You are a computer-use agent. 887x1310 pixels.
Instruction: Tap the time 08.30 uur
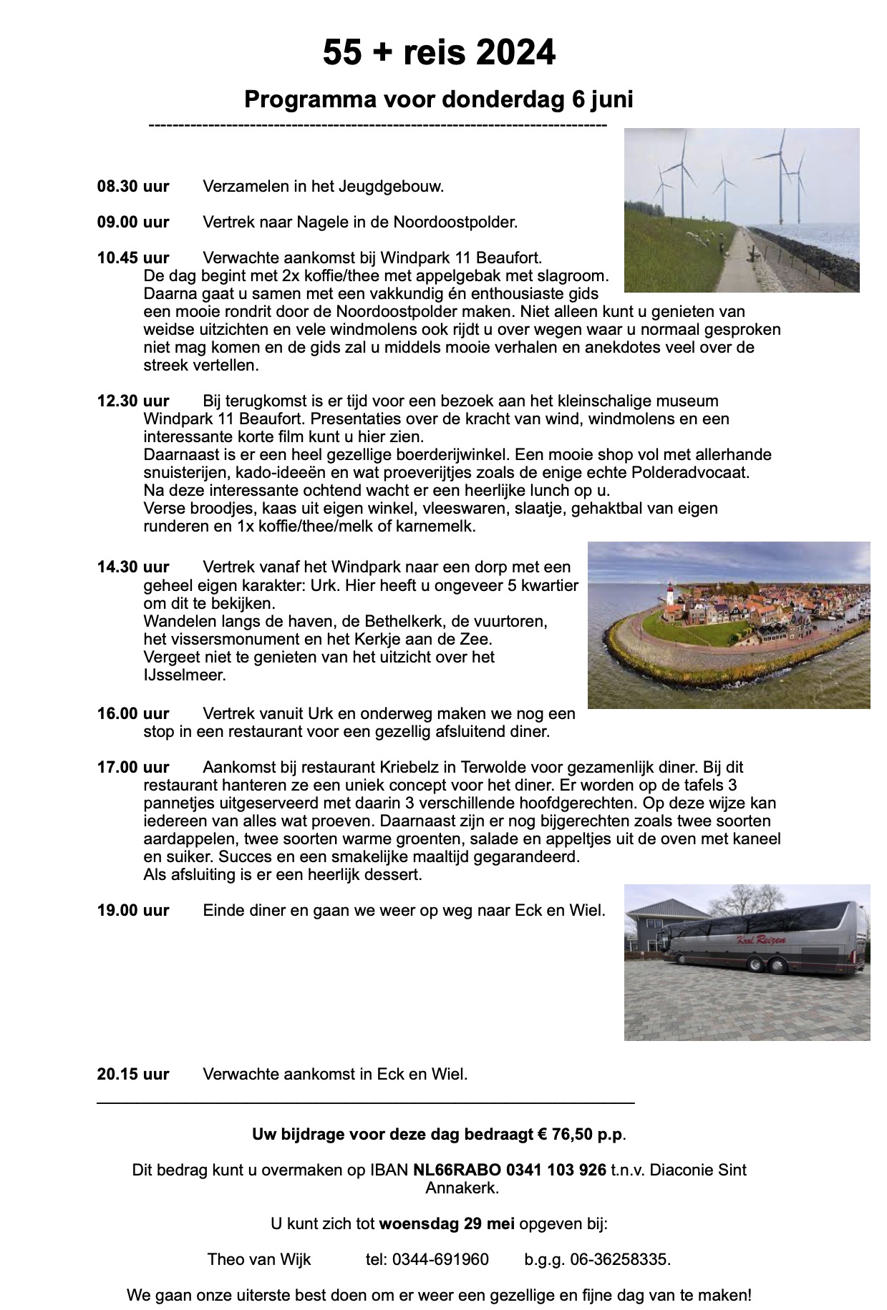133,187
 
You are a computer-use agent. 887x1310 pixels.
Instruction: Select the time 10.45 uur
133,258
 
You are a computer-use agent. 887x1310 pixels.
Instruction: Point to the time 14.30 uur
133,567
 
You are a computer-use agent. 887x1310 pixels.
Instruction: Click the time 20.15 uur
133,1074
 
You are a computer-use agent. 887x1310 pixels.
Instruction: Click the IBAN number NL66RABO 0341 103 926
510,1170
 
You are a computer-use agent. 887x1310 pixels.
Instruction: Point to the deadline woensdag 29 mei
447,1224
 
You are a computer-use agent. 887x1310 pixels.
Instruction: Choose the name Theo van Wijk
259,1260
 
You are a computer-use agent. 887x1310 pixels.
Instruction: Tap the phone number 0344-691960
440,1260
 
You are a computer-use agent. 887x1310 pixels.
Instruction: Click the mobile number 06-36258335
620,1260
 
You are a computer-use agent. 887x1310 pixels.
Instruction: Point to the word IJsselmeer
184,675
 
